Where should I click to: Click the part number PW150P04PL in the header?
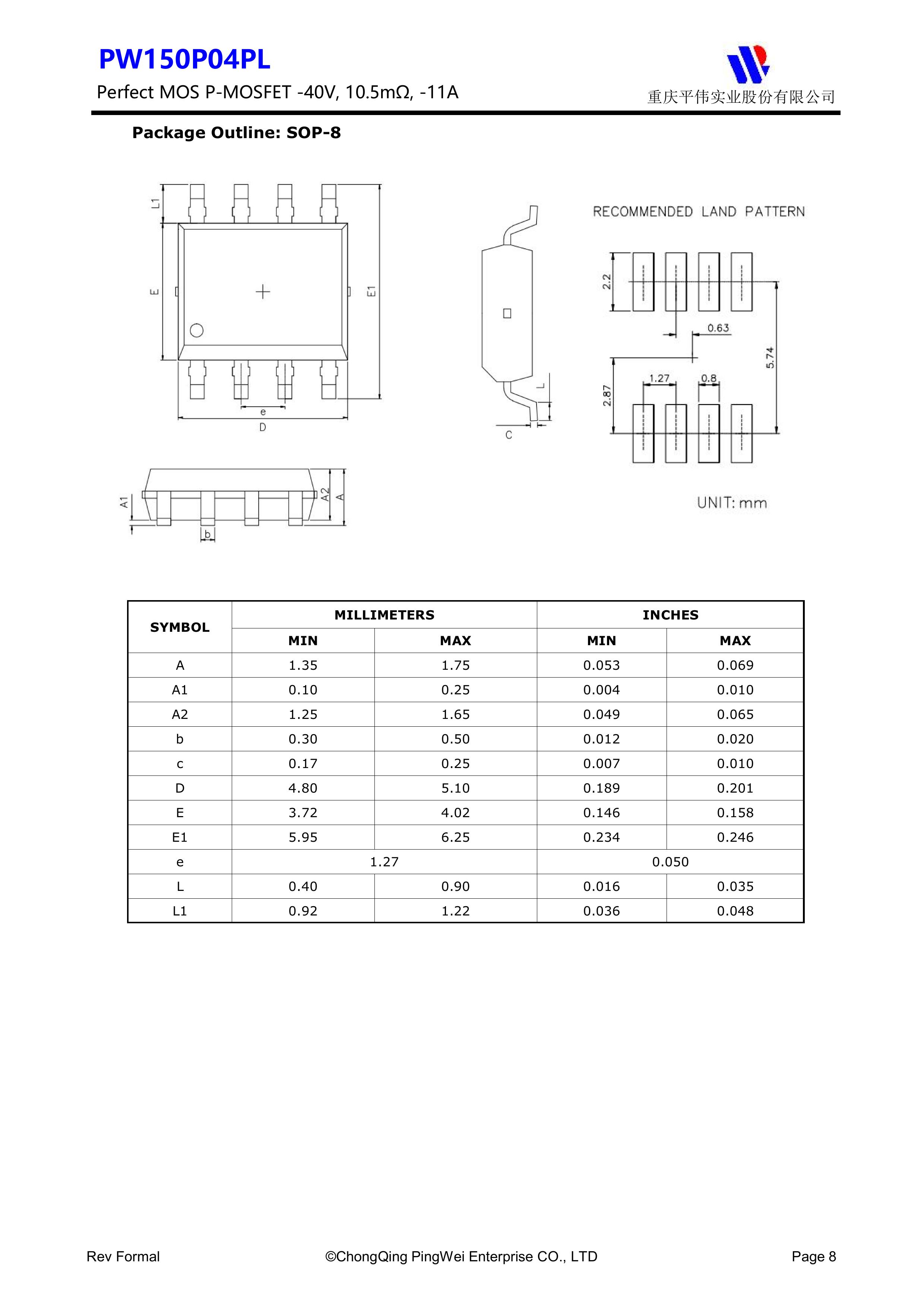point(184,60)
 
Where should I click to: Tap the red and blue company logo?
point(747,63)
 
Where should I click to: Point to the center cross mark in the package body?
point(262,292)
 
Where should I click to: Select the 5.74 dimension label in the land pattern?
point(770,357)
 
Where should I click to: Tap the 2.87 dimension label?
point(607,395)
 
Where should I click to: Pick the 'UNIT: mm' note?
point(732,503)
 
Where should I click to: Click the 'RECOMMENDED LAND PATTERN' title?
point(699,211)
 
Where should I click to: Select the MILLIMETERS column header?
point(384,615)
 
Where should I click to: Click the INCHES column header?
point(670,615)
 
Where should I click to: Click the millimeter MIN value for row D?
point(303,789)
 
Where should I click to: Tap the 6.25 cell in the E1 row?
point(455,837)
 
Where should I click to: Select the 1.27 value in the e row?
point(384,862)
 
